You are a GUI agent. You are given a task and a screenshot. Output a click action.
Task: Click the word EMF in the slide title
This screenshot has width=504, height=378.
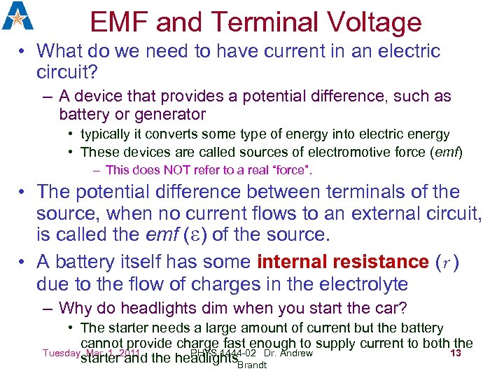pos(119,22)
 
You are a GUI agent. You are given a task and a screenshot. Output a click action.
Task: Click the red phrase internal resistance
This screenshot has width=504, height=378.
pos(343,262)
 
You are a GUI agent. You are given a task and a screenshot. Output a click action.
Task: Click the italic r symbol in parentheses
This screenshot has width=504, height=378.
pos(447,262)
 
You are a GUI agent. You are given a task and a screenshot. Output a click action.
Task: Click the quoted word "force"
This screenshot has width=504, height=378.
pos(292,170)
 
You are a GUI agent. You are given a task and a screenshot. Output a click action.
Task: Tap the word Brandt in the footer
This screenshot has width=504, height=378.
pos(252,365)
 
